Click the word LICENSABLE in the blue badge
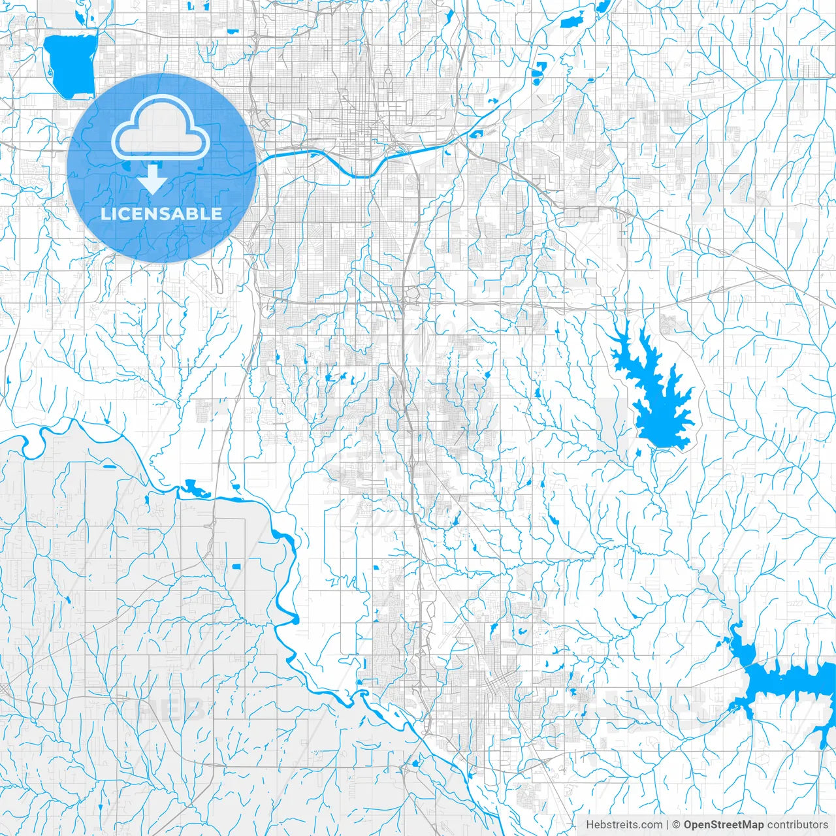(161, 214)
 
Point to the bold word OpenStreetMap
(724, 825)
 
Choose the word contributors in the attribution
(797, 825)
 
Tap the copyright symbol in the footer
(677, 825)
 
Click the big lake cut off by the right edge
(784, 683)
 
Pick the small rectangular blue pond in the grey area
(236, 566)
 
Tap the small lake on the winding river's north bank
(193, 487)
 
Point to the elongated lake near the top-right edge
(573, 20)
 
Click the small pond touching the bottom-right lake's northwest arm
(719, 645)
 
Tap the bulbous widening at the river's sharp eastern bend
(294, 618)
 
